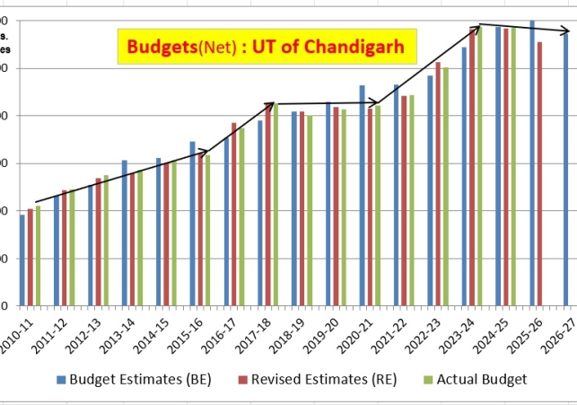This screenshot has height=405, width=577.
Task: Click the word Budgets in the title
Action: click(161, 45)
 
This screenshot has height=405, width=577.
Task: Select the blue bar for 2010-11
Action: click(22, 260)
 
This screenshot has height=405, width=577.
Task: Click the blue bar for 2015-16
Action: click(192, 225)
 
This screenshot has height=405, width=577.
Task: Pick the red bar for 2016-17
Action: click(234, 216)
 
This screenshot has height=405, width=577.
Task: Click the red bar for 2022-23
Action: click(438, 184)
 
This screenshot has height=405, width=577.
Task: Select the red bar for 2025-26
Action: click(539, 174)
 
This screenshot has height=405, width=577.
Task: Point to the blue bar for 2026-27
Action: click(566, 171)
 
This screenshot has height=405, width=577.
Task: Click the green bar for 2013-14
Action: click(140, 238)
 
